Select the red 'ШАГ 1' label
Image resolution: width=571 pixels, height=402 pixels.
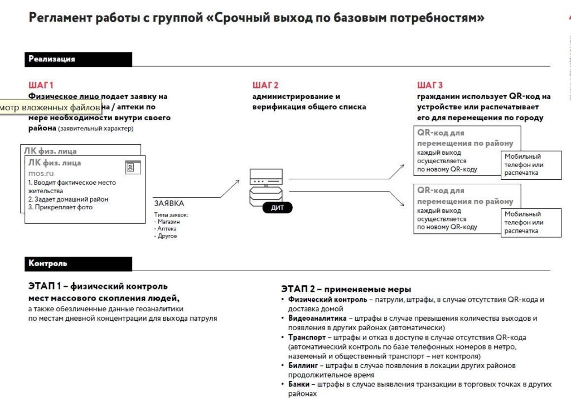[x=41, y=85]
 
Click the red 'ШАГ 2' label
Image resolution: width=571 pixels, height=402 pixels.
[x=265, y=85]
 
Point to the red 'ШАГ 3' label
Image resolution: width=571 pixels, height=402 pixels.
[x=430, y=85]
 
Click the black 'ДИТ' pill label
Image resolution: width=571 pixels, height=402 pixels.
[x=278, y=208]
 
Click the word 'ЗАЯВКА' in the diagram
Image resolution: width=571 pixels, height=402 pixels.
[x=169, y=203]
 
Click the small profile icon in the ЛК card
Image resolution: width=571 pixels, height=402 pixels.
[x=130, y=167]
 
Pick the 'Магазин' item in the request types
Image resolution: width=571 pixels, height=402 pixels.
[x=168, y=222]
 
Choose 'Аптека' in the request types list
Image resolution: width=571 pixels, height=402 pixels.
[x=167, y=229]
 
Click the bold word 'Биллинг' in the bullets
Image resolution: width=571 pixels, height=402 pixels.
[x=303, y=365]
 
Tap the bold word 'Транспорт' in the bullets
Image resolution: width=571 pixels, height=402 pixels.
[x=307, y=337]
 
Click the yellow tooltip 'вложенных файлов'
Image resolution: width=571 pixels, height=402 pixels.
[x=50, y=107]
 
